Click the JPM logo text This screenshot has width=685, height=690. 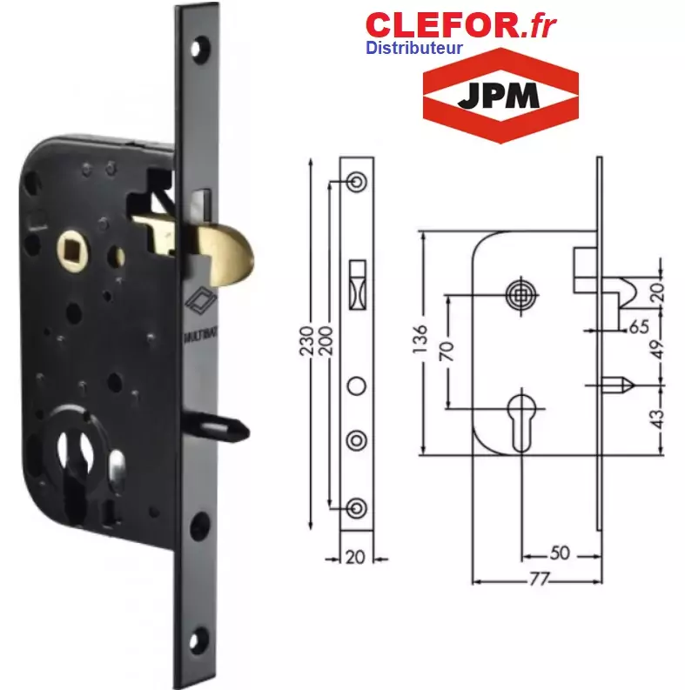pos(499,95)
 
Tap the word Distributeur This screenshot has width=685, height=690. pos(413,48)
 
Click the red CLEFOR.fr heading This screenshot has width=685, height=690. pos(460,25)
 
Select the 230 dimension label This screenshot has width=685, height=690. pos(306,340)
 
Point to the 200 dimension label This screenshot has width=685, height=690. pos(326,340)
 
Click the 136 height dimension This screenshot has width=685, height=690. pos(420,338)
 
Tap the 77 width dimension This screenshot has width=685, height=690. pos(539,579)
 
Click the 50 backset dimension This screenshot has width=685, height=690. pos(560,553)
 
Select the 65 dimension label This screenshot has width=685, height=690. pos(639,326)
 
